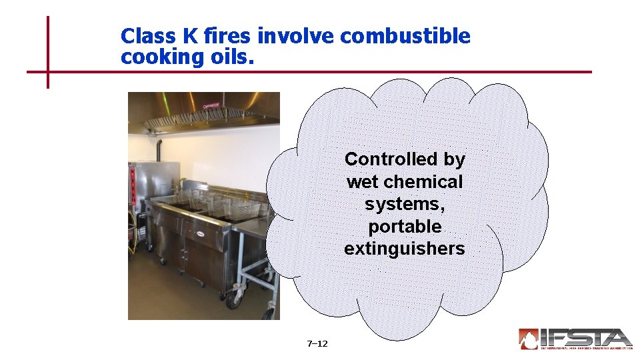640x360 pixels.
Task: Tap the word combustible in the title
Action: [x=405, y=36]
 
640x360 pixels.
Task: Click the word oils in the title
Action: [x=230, y=57]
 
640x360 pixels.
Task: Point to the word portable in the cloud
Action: [x=405, y=227]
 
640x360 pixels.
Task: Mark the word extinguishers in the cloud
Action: [x=405, y=249]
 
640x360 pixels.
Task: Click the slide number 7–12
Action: [x=317, y=344]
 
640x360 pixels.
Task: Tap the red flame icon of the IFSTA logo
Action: [x=528, y=339]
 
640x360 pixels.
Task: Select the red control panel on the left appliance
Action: [x=132, y=185]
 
